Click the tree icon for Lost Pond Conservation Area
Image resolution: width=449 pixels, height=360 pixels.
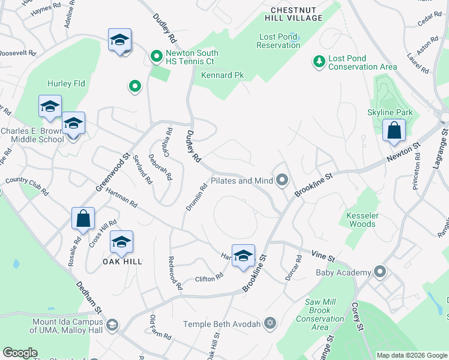[318, 61]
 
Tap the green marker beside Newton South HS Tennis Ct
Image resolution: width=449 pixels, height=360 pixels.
[157, 57]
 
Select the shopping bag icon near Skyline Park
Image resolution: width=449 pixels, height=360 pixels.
[394, 131]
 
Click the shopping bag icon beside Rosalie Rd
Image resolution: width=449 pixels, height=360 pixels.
[83, 218]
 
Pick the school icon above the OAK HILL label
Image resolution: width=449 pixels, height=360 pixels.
[121, 242]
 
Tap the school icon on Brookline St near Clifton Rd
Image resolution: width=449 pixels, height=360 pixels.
[243, 256]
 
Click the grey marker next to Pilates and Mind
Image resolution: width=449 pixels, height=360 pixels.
[282, 180]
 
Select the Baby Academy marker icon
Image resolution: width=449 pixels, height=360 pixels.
[379, 272]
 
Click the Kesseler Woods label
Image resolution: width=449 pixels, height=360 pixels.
[361, 219]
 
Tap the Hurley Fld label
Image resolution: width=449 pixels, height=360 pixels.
[67, 83]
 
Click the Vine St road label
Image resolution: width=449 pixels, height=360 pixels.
[323, 256]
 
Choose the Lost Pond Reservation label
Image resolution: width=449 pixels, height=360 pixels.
[279, 41]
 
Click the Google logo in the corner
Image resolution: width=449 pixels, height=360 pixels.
[20, 353]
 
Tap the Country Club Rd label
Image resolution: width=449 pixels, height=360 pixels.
[26, 186]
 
